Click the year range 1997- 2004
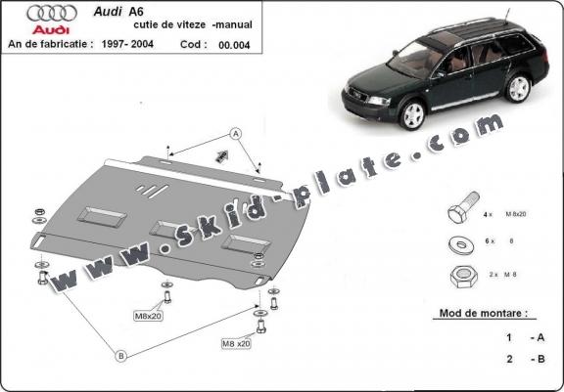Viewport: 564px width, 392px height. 156,44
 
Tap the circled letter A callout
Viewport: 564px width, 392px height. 235,132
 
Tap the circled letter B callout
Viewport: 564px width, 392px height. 120,356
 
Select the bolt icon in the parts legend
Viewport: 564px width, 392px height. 456,212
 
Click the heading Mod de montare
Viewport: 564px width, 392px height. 477,316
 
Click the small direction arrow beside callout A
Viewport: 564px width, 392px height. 221,154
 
